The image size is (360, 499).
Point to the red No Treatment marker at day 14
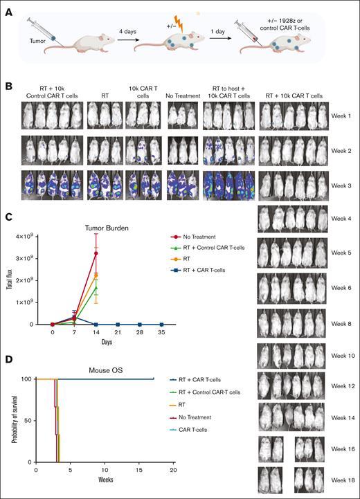96,253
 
